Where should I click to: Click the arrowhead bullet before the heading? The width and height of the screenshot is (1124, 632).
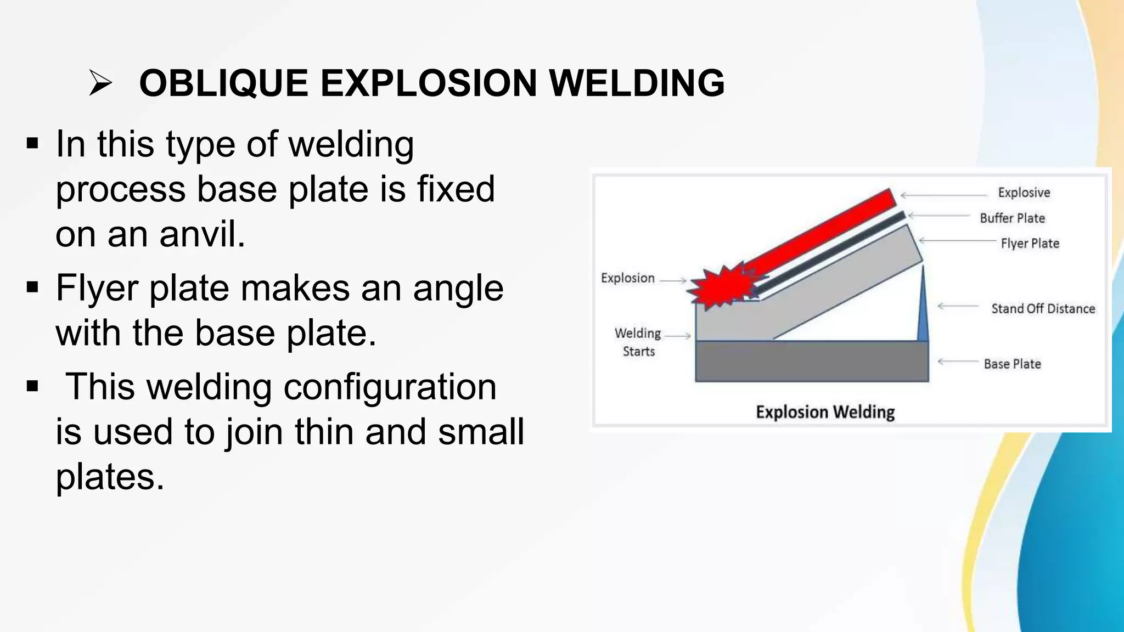[100, 84]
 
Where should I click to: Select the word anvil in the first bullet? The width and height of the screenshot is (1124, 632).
[202, 234]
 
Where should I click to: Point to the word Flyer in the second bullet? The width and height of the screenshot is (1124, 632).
[97, 289]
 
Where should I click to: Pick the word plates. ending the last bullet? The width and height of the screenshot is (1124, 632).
[110, 477]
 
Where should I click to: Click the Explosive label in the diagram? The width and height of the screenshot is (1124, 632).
[1024, 193]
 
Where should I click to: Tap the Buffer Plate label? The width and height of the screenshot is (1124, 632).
[1012, 218]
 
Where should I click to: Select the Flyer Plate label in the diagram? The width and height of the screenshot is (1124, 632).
[1030, 244]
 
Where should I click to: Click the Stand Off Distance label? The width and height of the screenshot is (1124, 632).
[1043, 309]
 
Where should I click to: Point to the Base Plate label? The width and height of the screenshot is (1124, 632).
[1012, 364]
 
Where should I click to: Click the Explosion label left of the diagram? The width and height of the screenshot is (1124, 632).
[627, 278]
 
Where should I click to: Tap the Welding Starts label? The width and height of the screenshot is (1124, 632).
[638, 342]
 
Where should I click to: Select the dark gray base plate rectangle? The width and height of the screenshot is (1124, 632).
[811, 362]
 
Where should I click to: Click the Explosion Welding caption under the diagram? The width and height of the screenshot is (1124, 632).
[825, 412]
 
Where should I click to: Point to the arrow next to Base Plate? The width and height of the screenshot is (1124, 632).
[958, 362]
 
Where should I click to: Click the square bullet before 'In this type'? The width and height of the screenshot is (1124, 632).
[32, 144]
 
